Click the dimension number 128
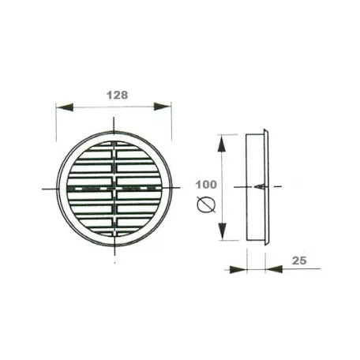pyautogui.click(x=118, y=95)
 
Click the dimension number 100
pyautogui.click(x=206, y=185)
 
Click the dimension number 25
pyautogui.click(x=299, y=261)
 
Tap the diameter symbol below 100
pyautogui.click(x=206, y=205)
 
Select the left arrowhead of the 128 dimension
pyautogui.click(x=65, y=107)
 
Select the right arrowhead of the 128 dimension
pyautogui.click(x=163, y=107)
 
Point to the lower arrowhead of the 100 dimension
pyautogui.click(x=223, y=231)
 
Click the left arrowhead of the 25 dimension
pyautogui.click(x=238, y=269)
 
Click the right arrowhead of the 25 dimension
pyautogui.click(x=274, y=269)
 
